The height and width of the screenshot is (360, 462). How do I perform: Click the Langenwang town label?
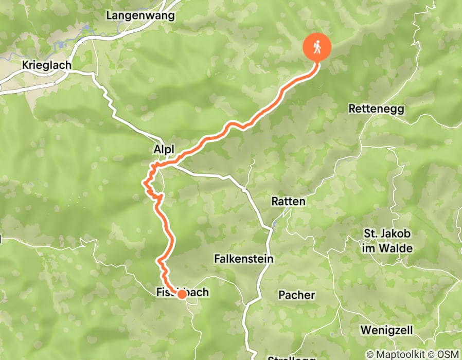140,15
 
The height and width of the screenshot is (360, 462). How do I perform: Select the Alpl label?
164,149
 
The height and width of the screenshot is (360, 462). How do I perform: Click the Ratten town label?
288,202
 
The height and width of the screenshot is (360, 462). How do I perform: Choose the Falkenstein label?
243,259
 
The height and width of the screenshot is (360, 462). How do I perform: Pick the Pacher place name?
296,295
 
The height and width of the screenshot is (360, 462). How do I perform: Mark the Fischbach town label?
182,292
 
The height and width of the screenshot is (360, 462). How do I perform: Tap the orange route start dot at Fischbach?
182,294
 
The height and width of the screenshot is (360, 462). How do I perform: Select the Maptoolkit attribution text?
398,355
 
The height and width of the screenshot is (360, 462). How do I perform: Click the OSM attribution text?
448,355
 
